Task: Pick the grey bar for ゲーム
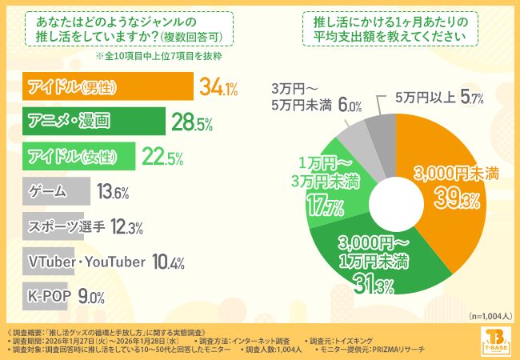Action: (57, 191)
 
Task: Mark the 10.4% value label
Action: (167, 262)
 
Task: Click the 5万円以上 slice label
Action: (425, 98)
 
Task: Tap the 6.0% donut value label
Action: (350, 105)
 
